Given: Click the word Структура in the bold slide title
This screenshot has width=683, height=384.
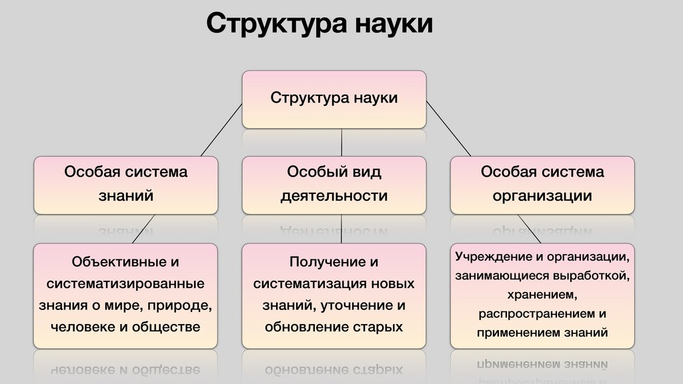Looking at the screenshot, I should pos(276,24).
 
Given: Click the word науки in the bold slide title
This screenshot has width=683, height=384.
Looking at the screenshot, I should pos(395,24).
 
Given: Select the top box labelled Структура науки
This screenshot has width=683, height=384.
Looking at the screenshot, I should pos(333,99).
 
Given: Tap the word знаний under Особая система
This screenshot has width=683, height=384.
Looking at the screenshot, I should pos(126,196).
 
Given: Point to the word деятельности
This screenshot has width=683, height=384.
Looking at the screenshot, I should pos(333,196).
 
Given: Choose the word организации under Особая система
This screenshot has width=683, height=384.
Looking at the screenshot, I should pos(542,196).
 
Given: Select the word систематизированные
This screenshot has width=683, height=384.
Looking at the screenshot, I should pos(125,284).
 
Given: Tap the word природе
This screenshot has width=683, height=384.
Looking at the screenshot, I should pos(181,306).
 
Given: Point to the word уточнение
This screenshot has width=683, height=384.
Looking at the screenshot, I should pos(363,306).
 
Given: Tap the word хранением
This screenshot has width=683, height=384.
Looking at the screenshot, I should pos(542,294).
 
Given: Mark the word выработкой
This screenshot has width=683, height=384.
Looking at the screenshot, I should pos(592,275).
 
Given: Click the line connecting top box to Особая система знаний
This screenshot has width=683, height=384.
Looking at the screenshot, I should pos(221,130).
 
